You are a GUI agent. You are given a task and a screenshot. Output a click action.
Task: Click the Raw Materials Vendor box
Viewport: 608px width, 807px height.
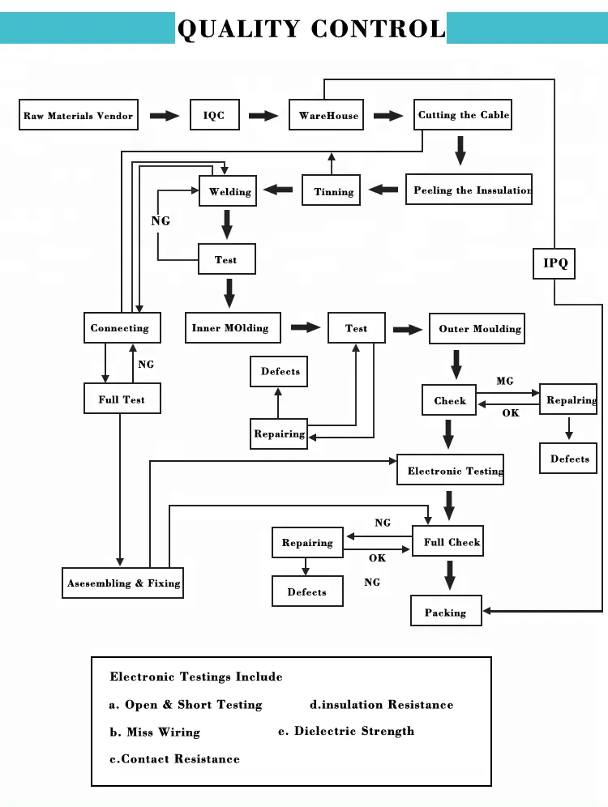pos(79,115)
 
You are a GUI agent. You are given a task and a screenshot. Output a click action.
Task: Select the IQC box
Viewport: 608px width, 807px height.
pos(214,115)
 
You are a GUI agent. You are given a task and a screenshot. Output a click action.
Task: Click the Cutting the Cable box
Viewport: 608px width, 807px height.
pos(463,115)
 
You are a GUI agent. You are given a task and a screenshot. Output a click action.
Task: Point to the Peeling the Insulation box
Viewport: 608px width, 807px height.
pos(469,190)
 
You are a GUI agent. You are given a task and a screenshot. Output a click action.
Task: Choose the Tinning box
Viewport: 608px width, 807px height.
pos(332,191)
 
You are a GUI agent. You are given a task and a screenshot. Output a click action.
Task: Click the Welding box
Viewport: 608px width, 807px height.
pos(229,191)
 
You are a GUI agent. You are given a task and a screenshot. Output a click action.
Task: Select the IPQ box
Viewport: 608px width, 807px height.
pos(555,263)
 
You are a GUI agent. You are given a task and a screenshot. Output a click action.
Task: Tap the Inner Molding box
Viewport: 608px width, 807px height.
pos(233,328)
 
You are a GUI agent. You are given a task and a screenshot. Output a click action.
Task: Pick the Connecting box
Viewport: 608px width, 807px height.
pos(122,328)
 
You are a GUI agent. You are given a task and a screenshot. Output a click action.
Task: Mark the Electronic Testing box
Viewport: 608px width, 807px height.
pos(451,470)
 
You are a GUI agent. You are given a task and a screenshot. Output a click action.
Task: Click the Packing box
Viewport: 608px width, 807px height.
pos(446,612)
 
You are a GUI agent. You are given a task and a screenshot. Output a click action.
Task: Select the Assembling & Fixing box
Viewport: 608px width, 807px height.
pos(123,583)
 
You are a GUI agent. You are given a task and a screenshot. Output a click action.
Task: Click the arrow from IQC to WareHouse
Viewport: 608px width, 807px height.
pos(263,116)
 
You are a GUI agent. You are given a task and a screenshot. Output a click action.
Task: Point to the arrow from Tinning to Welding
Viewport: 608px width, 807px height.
pos(279,190)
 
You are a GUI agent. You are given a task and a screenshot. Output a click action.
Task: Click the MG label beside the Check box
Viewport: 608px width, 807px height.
pos(505,381)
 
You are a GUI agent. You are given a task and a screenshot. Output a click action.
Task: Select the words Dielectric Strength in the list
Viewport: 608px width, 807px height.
pos(354,731)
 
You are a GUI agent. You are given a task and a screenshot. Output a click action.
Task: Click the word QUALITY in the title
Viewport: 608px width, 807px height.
pos(238,29)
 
